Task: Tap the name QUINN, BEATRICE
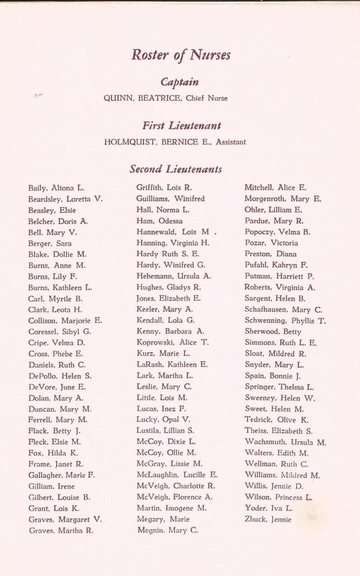(x=142, y=98)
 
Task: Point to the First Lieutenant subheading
(x=181, y=125)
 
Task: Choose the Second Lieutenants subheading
(x=175, y=169)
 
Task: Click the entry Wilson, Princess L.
(x=279, y=497)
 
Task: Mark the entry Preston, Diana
(x=270, y=254)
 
